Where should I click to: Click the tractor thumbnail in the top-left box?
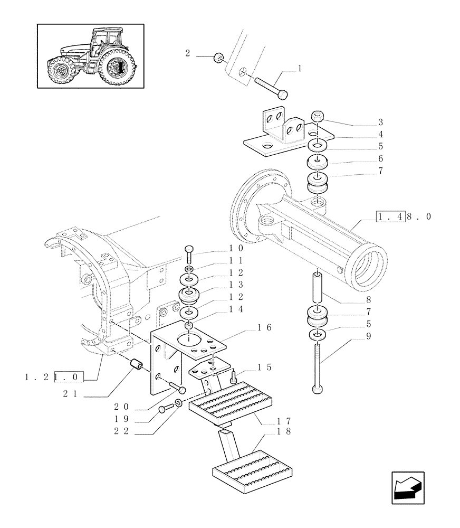pyautogui.click(x=91, y=56)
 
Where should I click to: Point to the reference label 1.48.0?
pyautogui.click(x=404, y=216)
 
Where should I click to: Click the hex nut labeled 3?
pyautogui.click(x=318, y=116)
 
